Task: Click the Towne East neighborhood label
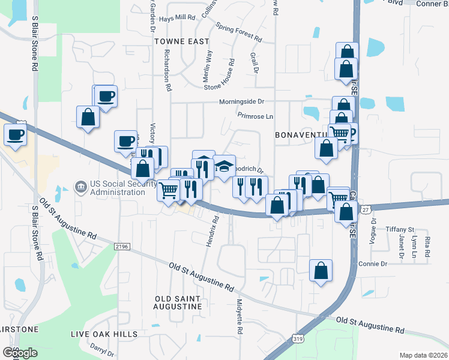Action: [181, 41]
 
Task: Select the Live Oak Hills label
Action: [104, 334]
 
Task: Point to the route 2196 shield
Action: [122, 246]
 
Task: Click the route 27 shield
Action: [366, 209]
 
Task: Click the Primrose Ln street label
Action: [255, 115]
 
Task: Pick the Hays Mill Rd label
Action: [178, 18]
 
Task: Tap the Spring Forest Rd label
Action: [239, 33]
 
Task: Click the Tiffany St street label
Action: [400, 229]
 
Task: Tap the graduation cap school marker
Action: [224, 166]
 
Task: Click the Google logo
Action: [20, 352]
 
